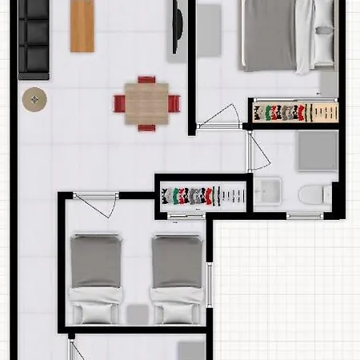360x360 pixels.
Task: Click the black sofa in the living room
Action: (34, 38)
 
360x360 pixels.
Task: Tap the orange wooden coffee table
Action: (82, 25)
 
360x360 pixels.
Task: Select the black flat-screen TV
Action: (178, 29)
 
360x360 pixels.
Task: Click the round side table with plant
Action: (34, 99)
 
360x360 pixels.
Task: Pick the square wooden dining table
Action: (146, 103)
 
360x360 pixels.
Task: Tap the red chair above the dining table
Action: (146, 80)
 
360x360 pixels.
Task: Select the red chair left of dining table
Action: (119, 104)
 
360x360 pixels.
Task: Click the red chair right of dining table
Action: (174, 104)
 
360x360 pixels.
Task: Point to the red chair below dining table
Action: (146, 127)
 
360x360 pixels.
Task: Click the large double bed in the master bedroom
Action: (288, 36)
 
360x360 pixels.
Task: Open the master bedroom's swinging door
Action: (219, 117)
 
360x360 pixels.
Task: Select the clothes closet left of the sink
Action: (203, 194)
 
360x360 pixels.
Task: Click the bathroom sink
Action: (267, 191)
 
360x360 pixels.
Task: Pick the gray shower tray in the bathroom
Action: (318, 150)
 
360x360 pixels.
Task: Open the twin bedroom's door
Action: (96, 205)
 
